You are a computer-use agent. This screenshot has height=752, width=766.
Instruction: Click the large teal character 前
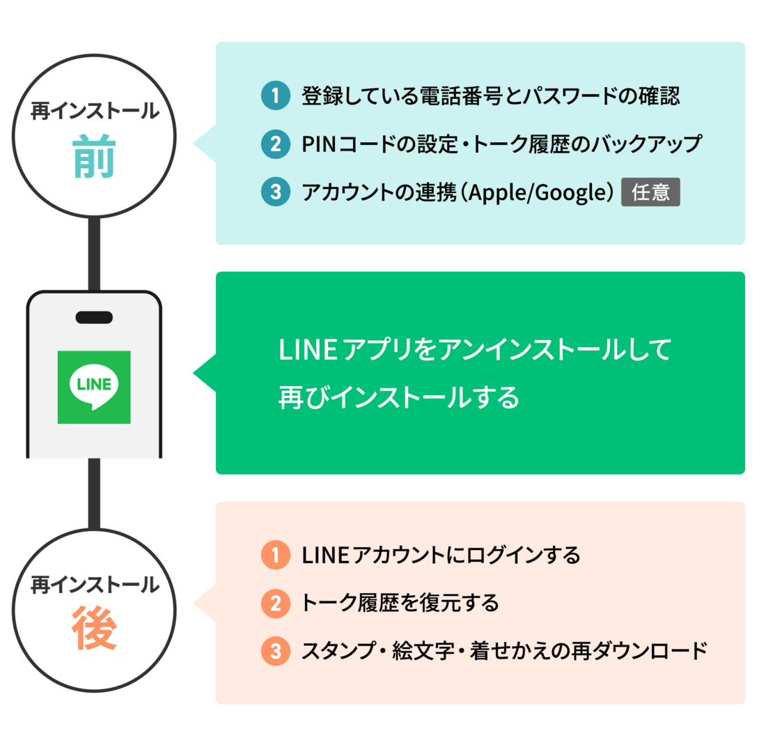(x=94, y=158)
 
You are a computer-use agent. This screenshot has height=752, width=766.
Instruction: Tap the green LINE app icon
(x=94, y=387)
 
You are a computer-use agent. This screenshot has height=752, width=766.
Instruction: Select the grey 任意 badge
(x=650, y=192)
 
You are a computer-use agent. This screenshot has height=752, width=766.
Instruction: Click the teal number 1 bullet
(x=275, y=96)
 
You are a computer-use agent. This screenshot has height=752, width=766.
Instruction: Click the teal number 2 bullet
(x=275, y=144)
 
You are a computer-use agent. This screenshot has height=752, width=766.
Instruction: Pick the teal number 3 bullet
(x=275, y=192)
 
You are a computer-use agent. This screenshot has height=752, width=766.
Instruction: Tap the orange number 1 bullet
(x=275, y=555)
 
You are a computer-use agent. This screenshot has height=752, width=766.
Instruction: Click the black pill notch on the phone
(x=94, y=318)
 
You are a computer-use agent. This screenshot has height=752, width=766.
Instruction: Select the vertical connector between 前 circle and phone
(x=94, y=254)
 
